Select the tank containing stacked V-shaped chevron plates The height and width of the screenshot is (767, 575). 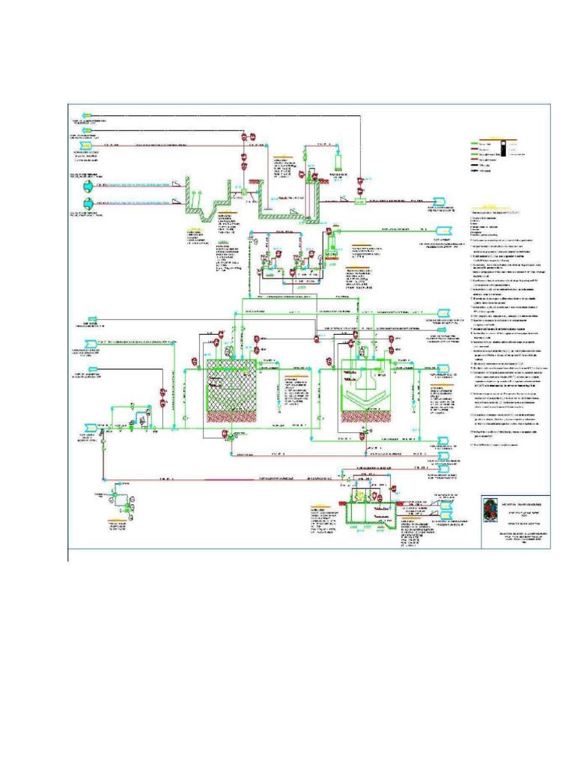tap(363, 390)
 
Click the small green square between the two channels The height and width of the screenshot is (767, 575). tap(244, 192)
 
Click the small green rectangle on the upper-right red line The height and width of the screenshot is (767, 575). tap(360, 201)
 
